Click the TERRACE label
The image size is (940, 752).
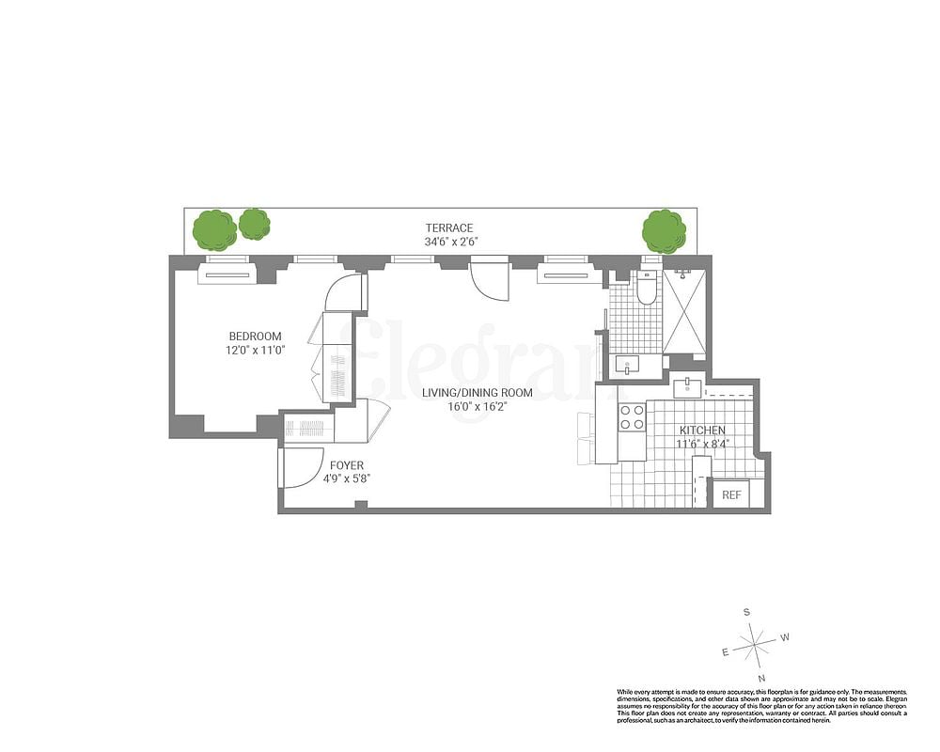(448, 227)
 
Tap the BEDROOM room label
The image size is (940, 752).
(255, 337)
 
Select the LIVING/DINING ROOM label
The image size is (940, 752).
(477, 393)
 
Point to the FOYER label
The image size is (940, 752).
(346, 465)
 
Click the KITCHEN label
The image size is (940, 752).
(702, 431)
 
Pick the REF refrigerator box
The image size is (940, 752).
(730, 495)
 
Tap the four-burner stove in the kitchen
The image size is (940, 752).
(632, 416)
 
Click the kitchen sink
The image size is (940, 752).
(686, 385)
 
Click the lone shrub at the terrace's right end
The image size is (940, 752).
(664, 231)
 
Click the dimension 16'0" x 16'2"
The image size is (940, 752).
(477, 406)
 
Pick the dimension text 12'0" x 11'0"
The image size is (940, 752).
(255, 350)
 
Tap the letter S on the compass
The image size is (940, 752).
(747, 612)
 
